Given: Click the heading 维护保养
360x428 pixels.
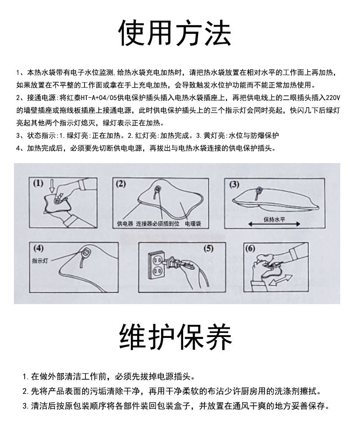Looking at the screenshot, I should tap(175, 337).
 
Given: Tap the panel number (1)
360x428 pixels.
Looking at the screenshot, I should tap(37, 183).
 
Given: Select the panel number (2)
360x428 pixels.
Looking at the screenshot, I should tap(121, 183).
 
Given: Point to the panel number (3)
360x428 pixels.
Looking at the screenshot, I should tap(234, 184).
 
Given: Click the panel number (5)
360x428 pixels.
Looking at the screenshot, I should tap(208, 249).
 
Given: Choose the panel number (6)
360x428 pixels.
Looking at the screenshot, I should tap(250, 249).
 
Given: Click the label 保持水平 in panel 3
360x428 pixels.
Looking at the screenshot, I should tap(274, 219).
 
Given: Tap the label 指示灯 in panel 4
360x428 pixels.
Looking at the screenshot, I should tap(40, 261).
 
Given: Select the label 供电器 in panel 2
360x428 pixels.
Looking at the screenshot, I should tap(125, 223).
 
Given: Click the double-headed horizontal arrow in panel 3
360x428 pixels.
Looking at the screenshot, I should tap(274, 225).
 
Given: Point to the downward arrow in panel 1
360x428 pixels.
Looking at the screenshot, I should tap(52, 185).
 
